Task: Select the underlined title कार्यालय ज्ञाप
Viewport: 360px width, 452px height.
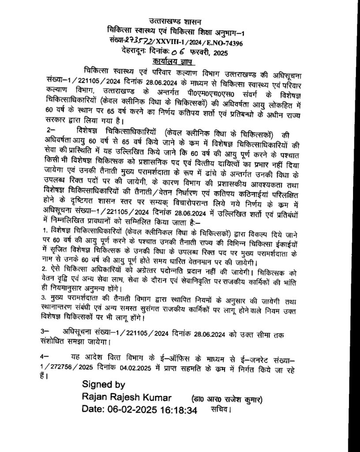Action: [180, 61]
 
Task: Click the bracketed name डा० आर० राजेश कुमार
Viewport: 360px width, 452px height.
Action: [227, 399]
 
